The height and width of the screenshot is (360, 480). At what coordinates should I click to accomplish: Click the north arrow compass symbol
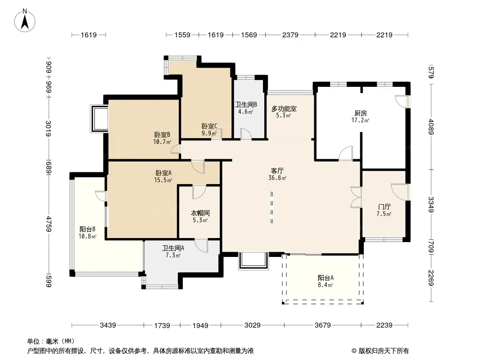point(25,20)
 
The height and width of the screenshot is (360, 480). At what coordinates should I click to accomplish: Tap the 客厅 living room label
point(277,171)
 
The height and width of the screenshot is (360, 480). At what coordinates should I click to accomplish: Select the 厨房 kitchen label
point(361,113)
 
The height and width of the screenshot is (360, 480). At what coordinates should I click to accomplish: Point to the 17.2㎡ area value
point(360,121)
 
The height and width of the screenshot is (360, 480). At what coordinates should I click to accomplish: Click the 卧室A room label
point(163,173)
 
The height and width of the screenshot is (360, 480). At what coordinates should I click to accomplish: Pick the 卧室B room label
point(162,135)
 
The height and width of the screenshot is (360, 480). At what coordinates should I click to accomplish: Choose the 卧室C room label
point(209,126)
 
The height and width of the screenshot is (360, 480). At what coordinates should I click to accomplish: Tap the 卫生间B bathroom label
point(246,104)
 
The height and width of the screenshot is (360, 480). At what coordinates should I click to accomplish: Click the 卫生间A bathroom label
point(173,248)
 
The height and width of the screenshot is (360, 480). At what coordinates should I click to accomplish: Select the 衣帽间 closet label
point(200,213)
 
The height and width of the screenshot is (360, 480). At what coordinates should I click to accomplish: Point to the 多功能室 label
point(284,108)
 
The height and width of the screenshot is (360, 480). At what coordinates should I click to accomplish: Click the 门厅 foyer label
point(384,207)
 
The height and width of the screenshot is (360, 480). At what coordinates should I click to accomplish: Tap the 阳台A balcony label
point(326,278)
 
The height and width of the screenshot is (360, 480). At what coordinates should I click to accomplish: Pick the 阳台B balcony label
point(87,229)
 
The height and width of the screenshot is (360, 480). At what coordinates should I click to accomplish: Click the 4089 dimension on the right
point(431,126)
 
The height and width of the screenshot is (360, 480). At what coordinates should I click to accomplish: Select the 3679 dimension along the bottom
point(323,325)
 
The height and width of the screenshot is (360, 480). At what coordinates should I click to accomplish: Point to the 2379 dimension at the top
point(290,35)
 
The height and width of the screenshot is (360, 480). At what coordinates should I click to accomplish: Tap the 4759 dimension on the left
point(49,224)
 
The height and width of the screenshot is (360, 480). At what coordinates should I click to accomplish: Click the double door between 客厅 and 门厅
point(356,197)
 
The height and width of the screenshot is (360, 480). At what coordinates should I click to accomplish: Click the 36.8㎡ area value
point(277,178)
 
